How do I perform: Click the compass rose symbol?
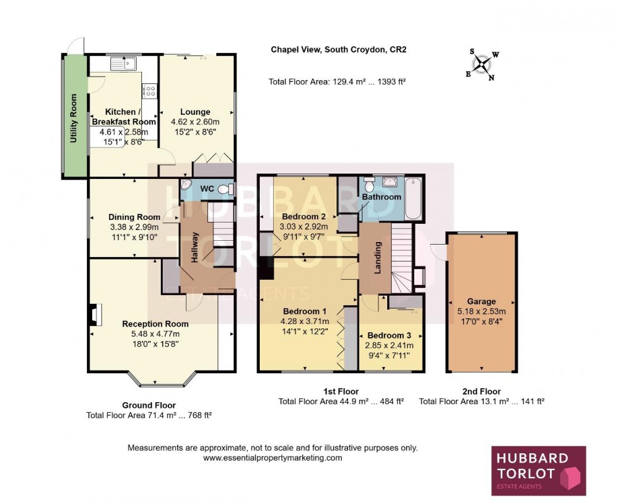(483, 65)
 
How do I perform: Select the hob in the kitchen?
(149, 91)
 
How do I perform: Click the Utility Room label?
(74, 118)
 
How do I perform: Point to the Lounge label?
(195, 112)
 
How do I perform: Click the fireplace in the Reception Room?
(94, 315)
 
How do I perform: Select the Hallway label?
(195, 248)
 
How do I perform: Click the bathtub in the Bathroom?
(414, 199)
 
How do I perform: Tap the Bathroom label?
(381, 197)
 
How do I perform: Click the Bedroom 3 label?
(390, 335)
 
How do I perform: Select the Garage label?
(481, 301)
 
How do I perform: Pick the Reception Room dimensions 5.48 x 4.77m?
(155, 334)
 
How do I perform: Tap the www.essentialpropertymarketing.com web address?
(272, 458)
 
